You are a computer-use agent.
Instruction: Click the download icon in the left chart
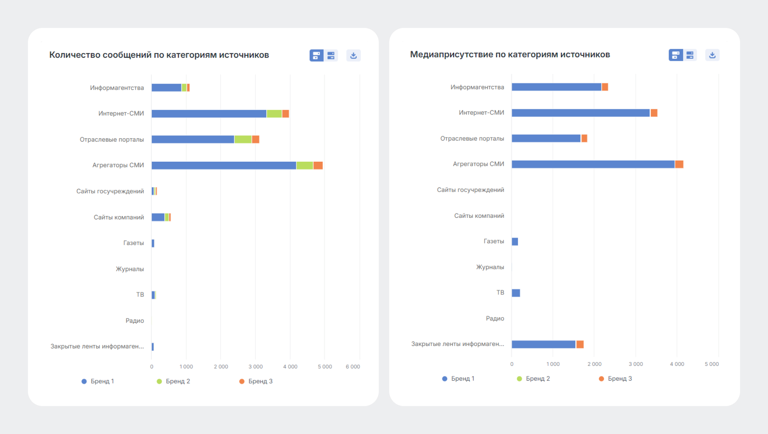point(353,56)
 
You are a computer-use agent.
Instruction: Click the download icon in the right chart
point(712,55)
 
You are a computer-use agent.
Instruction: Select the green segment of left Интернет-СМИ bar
point(274,113)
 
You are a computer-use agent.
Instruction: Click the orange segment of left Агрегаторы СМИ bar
point(318,165)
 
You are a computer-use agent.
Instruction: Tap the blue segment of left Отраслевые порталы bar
point(193,139)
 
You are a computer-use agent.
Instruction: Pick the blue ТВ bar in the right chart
point(516,293)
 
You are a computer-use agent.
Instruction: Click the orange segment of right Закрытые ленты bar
point(580,344)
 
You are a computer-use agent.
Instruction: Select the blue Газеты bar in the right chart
point(515,241)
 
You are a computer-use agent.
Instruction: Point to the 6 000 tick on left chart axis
point(353,367)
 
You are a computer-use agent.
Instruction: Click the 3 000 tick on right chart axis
point(636,364)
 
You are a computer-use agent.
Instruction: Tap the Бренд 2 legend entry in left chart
point(173,381)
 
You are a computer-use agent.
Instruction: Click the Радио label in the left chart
point(135,321)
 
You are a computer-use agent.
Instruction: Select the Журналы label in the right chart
point(490,267)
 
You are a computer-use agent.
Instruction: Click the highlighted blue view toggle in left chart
point(316,56)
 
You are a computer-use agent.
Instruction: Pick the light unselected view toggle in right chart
point(690,55)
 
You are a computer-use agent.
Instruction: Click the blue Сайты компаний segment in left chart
point(158,217)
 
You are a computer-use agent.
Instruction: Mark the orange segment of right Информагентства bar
point(605,87)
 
